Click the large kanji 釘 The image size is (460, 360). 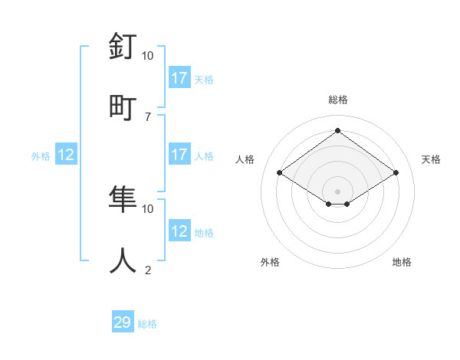123,47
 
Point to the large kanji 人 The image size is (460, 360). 123,260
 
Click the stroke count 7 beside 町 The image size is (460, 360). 147,116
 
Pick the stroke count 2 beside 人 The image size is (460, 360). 147,270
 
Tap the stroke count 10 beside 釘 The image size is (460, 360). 147,56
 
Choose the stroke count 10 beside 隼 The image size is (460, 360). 147,208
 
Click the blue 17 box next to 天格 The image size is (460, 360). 179,78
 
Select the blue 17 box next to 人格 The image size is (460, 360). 179,155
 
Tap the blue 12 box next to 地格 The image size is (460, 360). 179,231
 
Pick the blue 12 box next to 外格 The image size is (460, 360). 66,155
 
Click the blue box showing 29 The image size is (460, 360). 123,322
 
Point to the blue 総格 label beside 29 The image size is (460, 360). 148,324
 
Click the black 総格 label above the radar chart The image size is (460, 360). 338,100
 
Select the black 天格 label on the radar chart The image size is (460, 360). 432,159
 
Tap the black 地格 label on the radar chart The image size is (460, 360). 402,262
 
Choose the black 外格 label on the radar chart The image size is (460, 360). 270,262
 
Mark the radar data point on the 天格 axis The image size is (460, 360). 396,173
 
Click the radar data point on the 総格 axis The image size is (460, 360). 338,130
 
